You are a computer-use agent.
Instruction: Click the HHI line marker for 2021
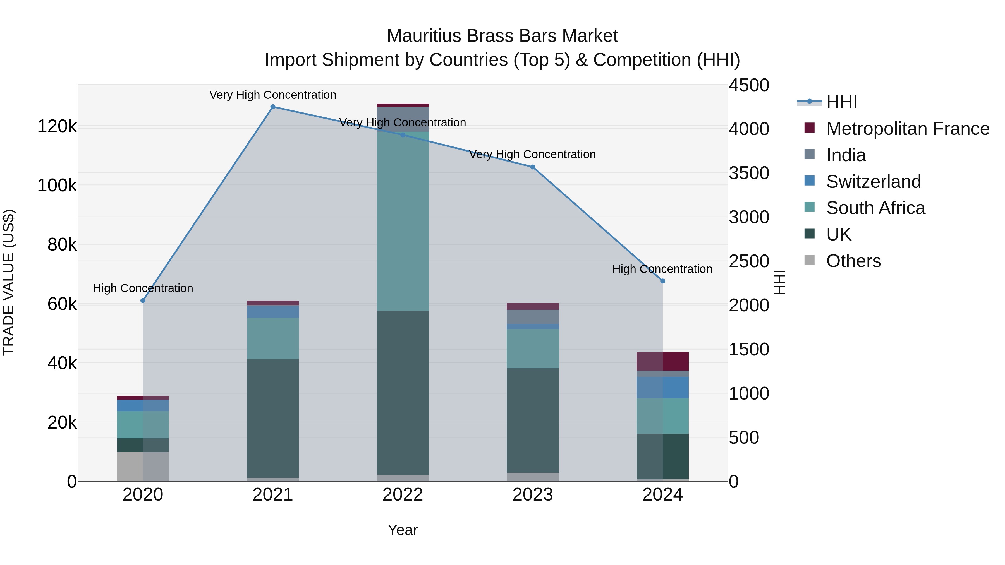click(x=273, y=107)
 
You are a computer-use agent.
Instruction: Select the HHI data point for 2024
click(x=662, y=281)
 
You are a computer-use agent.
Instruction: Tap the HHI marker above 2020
click(x=143, y=300)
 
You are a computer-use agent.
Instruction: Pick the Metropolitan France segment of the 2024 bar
click(x=662, y=361)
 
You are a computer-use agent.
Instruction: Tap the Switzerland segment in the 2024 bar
click(x=662, y=387)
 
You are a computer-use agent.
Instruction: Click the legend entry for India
click(x=846, y=155)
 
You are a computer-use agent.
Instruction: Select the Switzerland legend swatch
click(x=810, y=181)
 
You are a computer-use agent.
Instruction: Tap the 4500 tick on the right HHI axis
click(x=749, y=85)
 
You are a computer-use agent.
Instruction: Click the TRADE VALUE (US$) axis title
click(x=9, y=282)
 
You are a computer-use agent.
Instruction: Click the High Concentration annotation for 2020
click(x=143, y=288)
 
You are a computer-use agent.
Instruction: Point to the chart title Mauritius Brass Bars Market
click(x=502, y=36)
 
